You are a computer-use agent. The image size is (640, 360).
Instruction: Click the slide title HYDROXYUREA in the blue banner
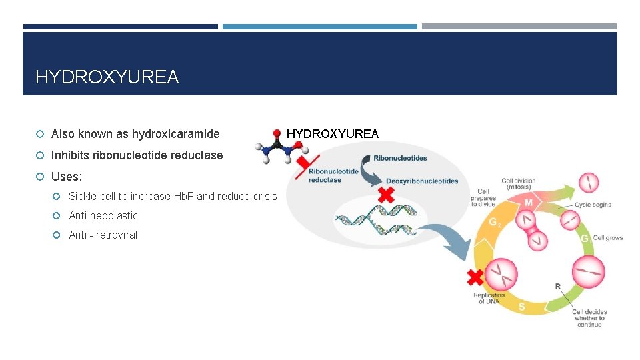coord(107,77)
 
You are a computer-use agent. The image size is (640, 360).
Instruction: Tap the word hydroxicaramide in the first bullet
coord(175,134)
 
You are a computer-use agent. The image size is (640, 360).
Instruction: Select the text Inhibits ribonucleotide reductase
coord(137,155)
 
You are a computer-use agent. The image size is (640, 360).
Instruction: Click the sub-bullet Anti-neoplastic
coord(103,215)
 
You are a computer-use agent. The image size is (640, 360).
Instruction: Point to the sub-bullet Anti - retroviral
coord(103,235)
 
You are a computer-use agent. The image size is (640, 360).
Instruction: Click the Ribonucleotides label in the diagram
coord(400,159)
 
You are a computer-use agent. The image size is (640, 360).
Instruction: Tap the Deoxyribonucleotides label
coord(421,181)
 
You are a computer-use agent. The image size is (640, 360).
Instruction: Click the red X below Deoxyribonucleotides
coord(385,195)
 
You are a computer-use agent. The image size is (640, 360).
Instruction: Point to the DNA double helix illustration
coord(375,219)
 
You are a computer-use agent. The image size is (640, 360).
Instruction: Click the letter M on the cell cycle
coord(528,202)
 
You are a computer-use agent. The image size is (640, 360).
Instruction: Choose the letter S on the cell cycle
coord(521,307)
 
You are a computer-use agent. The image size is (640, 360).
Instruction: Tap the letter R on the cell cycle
coord(557,287)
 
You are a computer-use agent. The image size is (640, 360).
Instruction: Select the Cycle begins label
coord(592,205)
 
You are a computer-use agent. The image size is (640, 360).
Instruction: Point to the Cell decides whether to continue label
coord(589,318)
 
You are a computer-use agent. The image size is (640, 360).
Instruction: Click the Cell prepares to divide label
coord(483,198)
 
